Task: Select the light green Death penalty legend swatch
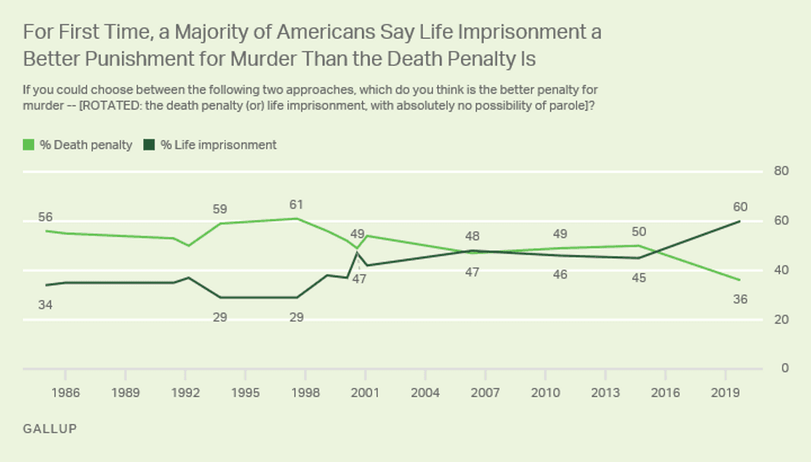point(29,144)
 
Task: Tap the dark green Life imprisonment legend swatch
point(148,144)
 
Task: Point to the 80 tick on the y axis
point(780,171)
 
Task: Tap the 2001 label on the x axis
point(365,391)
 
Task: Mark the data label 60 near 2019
point(740,208)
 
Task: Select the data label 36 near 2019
point(740,300)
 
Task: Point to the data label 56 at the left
point(46,217)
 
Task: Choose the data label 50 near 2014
point(638,232)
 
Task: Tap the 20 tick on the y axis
point(780,319)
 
